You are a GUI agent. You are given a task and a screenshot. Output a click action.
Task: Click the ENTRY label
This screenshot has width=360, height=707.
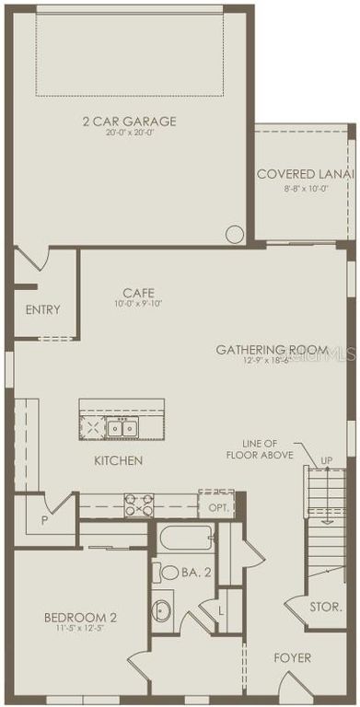coord(42,309)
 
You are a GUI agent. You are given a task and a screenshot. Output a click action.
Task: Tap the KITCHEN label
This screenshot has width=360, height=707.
coord(118,459)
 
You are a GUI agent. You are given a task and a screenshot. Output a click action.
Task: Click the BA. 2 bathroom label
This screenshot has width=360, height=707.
coord(196,573)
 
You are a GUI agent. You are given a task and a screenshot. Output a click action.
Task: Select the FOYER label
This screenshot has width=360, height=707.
coord(293,657)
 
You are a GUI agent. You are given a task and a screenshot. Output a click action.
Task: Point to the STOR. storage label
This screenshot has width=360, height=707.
coord(327,607)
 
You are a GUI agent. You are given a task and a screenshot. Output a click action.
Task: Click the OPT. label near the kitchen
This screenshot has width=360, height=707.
coord(217,507)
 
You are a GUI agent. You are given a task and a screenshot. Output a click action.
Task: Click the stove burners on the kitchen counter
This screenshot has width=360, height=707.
coord(139,505)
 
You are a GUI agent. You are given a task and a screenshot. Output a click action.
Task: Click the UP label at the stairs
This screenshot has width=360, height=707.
coord(326,459)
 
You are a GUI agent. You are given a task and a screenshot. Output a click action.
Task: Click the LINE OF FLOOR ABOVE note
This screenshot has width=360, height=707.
coord(268,448)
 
